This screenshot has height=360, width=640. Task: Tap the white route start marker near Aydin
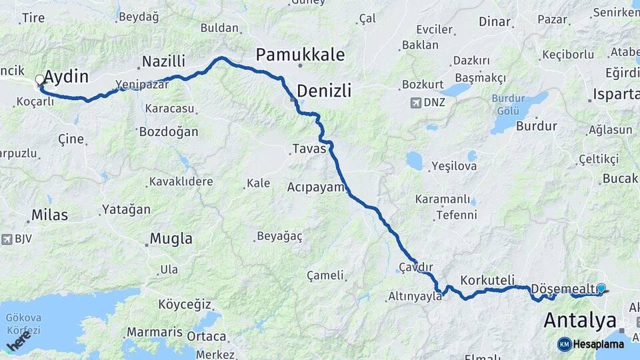pyautogui.click(x=40, y=80)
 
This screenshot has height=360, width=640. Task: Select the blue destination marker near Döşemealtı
pyautogui.click(x=601, y=288)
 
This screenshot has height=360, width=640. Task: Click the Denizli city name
pyautogui.click(x=324, y=90)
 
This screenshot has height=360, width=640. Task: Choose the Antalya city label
pyautogui.click(x=579, y=320)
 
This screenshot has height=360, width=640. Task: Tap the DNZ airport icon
pyautogui.click(x=417, y=103)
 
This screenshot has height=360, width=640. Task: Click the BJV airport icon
pyautogui.click(x=7, y=238)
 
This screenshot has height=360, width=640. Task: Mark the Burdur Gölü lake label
pyautogui.click(x=509, y=105)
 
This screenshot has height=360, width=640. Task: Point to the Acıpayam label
pyautogui.click(x=315, y=187)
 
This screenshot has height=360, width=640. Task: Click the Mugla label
pyautogui.click(x=171, y=239)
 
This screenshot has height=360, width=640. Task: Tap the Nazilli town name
pyautogui.click(x=163, y=62)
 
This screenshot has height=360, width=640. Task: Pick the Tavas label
pyautogui.click(x=309, y=149)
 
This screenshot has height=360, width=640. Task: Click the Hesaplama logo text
pyautogui.click(x=599, y=344)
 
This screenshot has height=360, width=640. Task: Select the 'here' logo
pyautogui.click(x=19, y=341)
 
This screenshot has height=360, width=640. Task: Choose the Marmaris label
pyautogui.click(x=155, y=332)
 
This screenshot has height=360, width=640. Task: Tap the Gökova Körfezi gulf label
pyautogui.click(x=24, y=325)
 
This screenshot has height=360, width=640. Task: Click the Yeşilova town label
pyautogui.click(x=454, y=166)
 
